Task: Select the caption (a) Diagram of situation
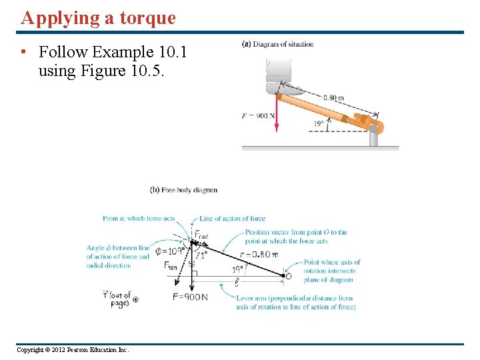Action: [x=277, y=45]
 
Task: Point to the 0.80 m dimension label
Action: [x=333, y=98]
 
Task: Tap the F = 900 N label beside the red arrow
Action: [x=256, y=116]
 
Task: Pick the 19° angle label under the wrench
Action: [x=319, y=123]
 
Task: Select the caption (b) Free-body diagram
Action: [x=184, y=190]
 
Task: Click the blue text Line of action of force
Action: [x=233, y=219]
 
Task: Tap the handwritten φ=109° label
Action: [x=170, y=251]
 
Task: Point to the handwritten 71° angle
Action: [x=201, y=254]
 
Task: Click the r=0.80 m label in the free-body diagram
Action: [x=259, y=254]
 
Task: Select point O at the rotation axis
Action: [x=288, y=276]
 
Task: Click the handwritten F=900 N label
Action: [x=190, y=297]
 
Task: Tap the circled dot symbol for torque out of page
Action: [x=136, y=300]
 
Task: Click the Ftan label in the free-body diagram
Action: [x=171, y=266]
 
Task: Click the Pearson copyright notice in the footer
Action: [x=73, y=350]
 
